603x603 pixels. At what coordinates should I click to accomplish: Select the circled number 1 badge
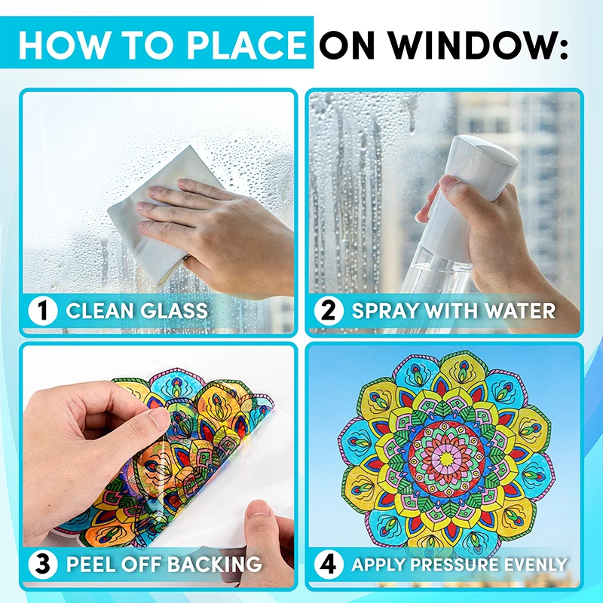(43, 310)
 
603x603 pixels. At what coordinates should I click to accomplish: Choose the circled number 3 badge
(43, 563)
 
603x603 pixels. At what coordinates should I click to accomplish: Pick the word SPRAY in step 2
(384, 310)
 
